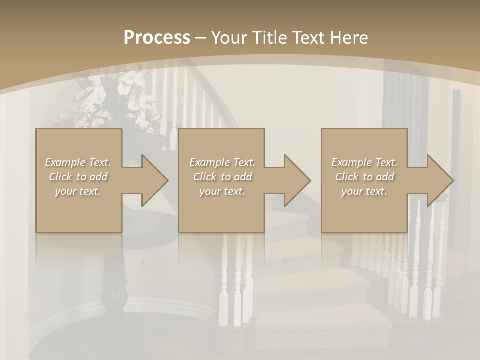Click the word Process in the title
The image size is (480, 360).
pos(157,38)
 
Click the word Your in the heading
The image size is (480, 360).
pos(229,38)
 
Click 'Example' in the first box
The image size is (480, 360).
pos(65,162)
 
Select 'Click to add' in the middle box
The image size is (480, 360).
pos(222,177)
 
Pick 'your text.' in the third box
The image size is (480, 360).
pos(364,191)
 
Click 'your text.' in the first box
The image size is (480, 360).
pos(78,191)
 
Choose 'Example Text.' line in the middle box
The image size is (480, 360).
pos(222,162)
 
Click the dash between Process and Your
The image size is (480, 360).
pos(201,38)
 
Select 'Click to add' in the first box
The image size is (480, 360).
pos(78,177)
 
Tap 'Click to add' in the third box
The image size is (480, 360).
pos(364,177)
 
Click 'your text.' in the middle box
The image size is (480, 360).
pos(222,191)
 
